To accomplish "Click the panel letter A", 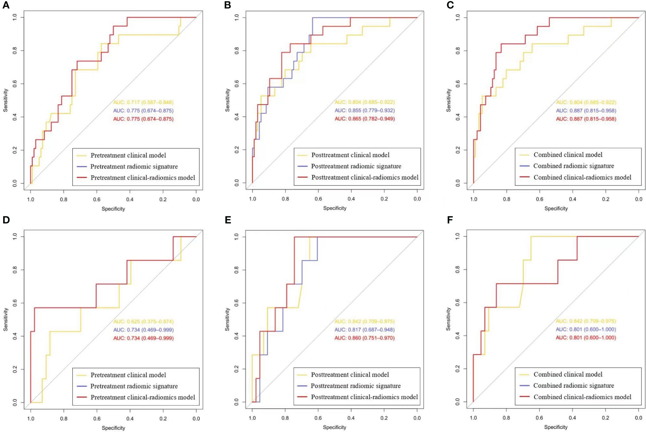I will (6, 5).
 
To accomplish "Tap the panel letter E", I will (228, 220).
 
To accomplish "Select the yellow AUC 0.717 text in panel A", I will (143, 102).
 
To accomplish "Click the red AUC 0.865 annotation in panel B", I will (365, 119).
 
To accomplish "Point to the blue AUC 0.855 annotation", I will (365, 111).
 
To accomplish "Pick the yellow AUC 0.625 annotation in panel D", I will (143, 321).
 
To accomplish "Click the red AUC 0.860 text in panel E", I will (364, 338).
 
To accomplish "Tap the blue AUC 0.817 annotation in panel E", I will (364, 330).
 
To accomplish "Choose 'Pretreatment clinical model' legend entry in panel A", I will (128, 155).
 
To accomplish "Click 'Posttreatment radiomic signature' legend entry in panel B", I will (356, 166).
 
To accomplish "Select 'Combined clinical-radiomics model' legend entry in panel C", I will (582, 177).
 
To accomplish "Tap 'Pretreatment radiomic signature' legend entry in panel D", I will (134, 386).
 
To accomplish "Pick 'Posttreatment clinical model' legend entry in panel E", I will (350, 375).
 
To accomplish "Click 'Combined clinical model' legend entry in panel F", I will (568, 374).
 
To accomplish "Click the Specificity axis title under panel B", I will (335, 208).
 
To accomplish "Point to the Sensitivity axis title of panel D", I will (6, 319).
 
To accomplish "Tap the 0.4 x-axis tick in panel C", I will (573, 199).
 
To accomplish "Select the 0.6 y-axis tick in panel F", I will (457, 303).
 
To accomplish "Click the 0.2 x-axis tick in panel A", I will (163, 200).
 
